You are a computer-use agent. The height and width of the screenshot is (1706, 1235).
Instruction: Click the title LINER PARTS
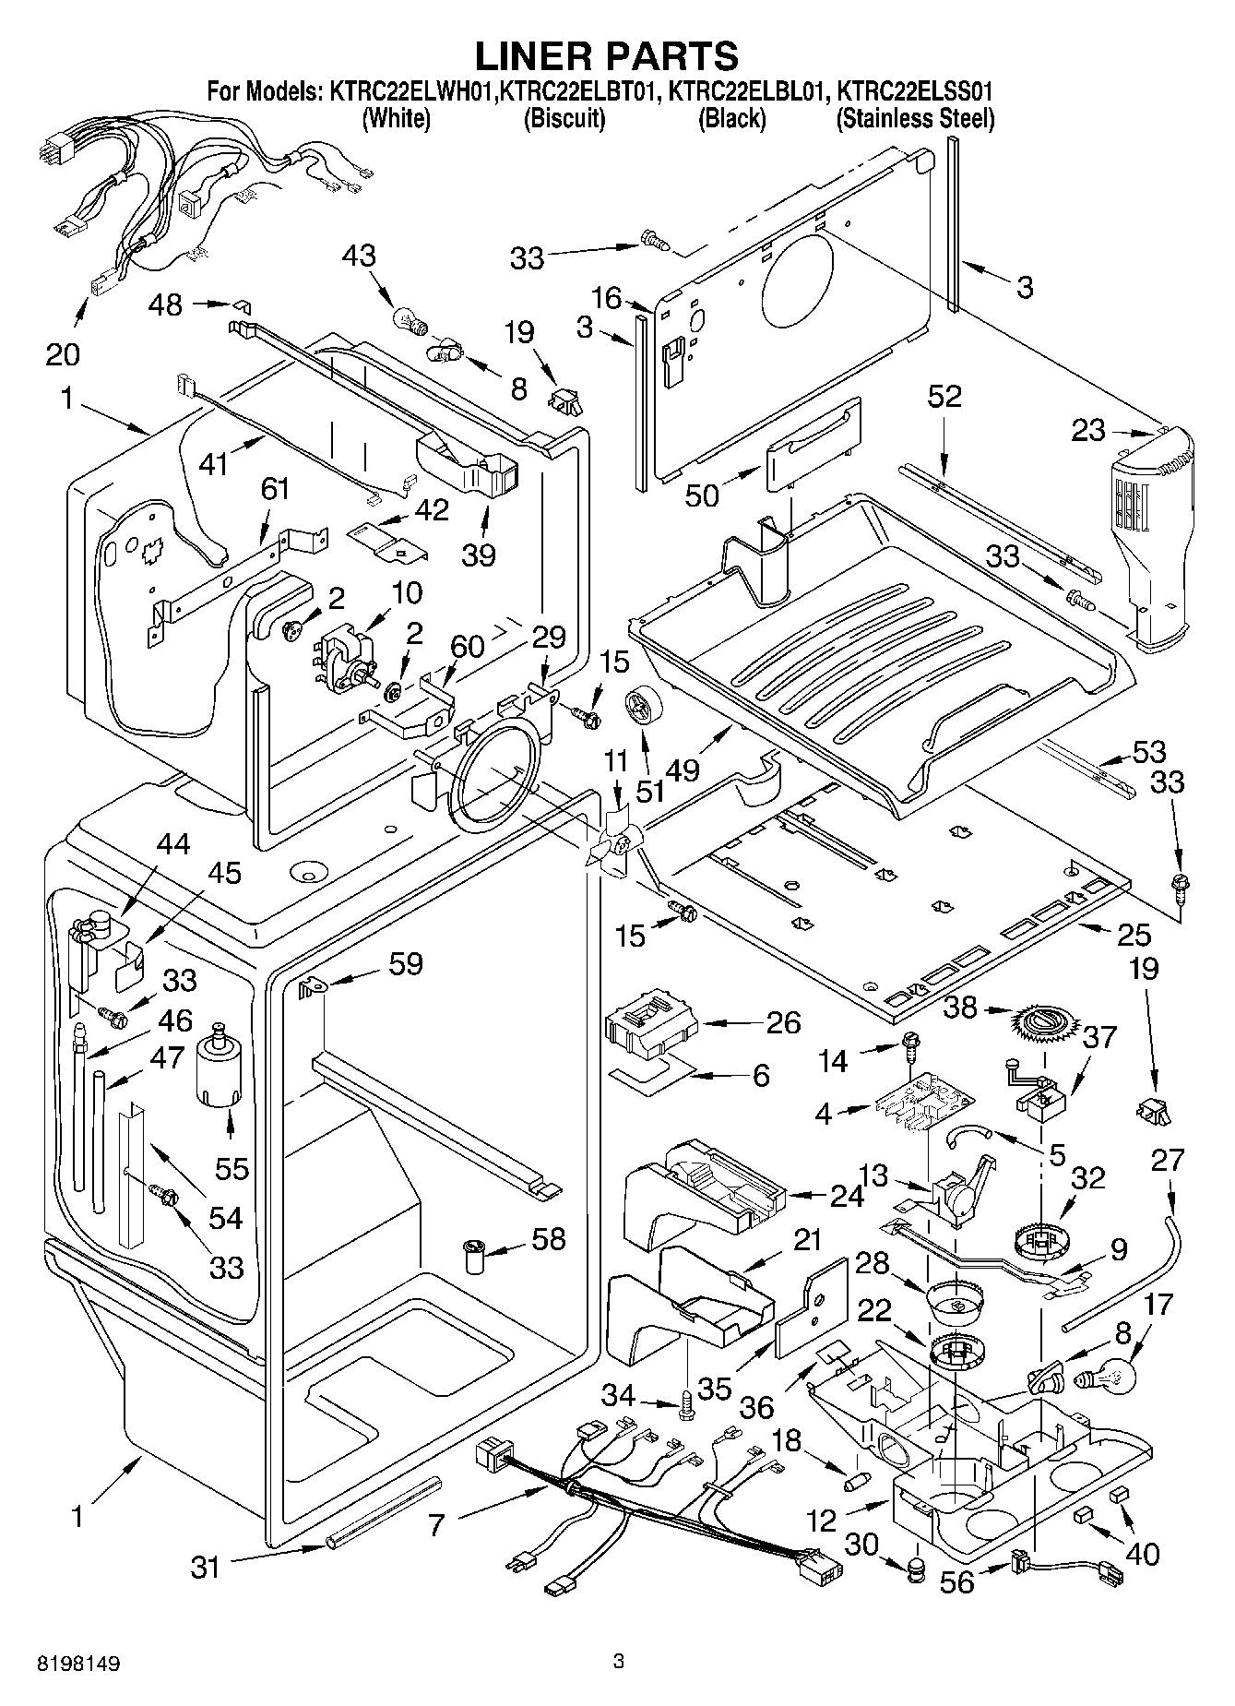point(606,56)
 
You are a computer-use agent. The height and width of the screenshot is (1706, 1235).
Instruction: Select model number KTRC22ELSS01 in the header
point(914,92)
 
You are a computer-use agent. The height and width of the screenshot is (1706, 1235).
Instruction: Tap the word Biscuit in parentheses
point(564,118)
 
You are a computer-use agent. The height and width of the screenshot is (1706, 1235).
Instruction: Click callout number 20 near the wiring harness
point(63,353)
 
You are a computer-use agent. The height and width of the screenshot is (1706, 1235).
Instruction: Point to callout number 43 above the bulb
point(359,256)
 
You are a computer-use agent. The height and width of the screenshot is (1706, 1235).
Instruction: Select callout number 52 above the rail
point(944,397)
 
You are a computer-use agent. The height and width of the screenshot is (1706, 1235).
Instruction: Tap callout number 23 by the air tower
point(1088,431)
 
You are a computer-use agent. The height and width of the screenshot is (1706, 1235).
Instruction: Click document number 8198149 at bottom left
point(78,1664)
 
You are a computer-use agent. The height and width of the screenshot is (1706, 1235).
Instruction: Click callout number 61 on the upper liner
point(276,488)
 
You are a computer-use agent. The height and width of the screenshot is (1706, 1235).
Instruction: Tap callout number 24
point(846,1196)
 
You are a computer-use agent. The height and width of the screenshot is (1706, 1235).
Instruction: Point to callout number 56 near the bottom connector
point(956,1582)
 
